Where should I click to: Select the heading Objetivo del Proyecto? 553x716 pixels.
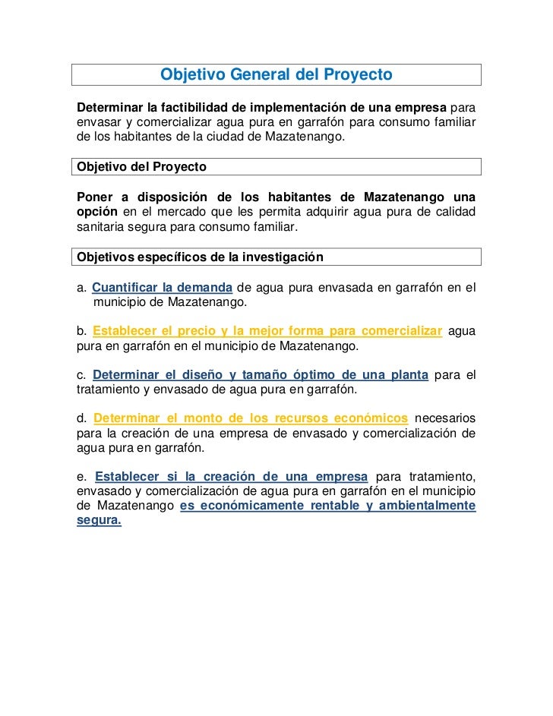[x=142, y=166]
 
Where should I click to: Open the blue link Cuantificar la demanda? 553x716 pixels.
[x=163, y=287]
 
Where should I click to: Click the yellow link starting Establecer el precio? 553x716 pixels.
[x=267, y=331]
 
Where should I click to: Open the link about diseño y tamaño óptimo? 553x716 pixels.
[x=260, y=375]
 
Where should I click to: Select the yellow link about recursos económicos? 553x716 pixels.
[x=251, y=418]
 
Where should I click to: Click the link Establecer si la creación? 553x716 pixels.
[x=232, y=477]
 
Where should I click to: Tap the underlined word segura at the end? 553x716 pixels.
[x=100, y=522]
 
